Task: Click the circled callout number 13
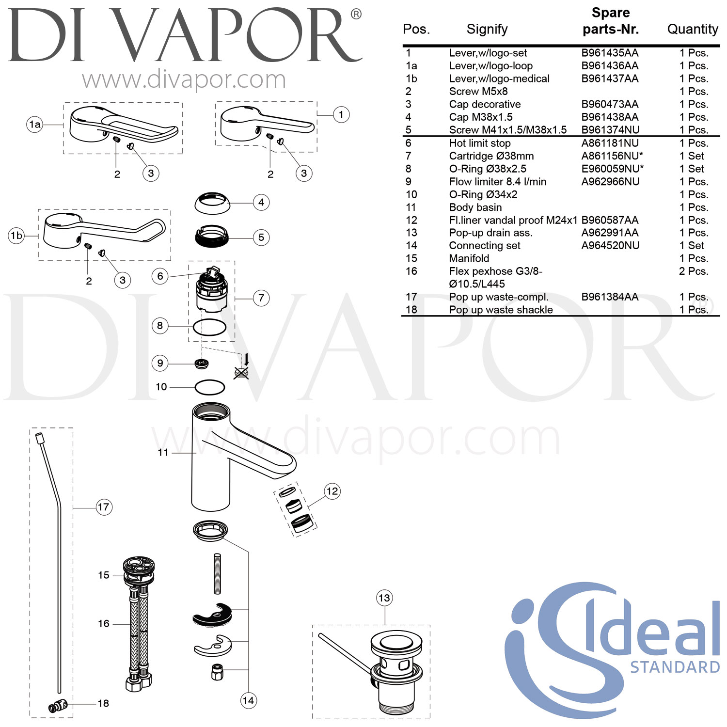pyautogui.click(x=384, y=598)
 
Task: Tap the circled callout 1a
pyautogui.click(x=35, y=125)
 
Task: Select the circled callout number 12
pyautogui.click(x=332, y=491)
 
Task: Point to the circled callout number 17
pyautogui.click(x=104, y=507)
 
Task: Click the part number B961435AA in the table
pyautogui.click(x=610, y=53)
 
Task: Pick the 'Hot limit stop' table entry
pyautogui.click(x=480, y=143)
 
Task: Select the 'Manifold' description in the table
pyautogui.click(x=469, y=258)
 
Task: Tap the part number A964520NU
pyautogui.click(x=610, y=245)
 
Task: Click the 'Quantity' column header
pyautogui.click(x=693, y=29)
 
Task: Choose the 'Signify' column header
pyautogui.click(x=487, y=29)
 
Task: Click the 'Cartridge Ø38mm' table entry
pyautogui.click(x=491, y=156)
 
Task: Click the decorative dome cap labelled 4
pyautogui.click(x=212, y=203)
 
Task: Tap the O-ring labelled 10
pyautogui.click(x=210, y=387)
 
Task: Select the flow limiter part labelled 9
pyautogui.click(x=202, y=363)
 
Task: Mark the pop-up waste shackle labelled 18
pyautogui.click(x=58, y=706)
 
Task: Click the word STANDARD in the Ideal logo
pyautogui.click(x=675, y=667)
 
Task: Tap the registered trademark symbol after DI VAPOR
pyautogui.click(x=356, y=15)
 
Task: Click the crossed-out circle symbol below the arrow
pyautogui.click(x=241, y=373)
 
